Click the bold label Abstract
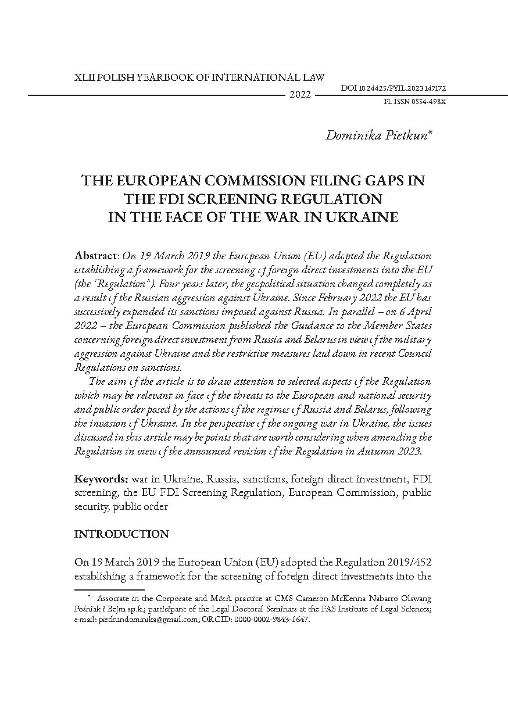96,256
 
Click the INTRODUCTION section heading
121,534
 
